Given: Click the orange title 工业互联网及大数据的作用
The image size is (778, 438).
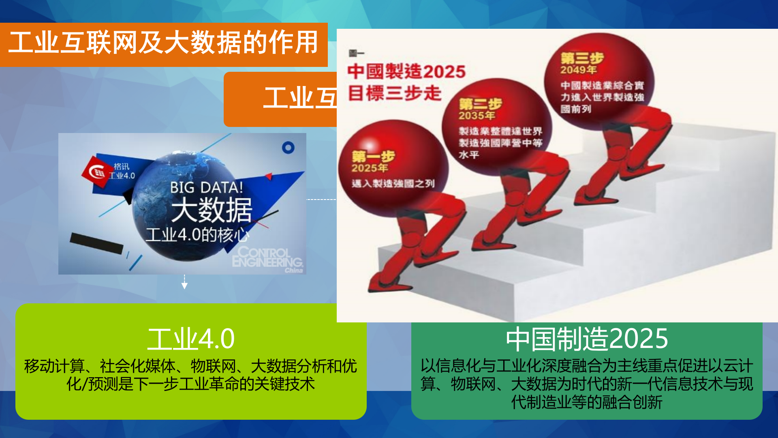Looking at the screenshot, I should coord(163,43).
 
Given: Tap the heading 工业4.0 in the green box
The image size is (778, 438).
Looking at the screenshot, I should coord(190,339).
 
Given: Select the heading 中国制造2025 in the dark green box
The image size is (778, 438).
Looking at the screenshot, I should coord(587,339).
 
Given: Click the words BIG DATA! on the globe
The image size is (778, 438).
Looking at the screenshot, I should coord(206,187).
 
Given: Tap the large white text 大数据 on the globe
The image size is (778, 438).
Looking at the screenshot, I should coord(212,210).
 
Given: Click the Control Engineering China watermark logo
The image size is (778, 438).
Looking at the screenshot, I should coord(267,258).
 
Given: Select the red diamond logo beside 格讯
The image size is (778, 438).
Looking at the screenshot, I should coord(96,172).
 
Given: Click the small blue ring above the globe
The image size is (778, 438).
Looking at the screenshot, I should coord(288,148).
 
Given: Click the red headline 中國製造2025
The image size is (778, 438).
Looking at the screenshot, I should coord(406,72).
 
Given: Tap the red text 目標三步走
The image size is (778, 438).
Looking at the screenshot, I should coord(394,93).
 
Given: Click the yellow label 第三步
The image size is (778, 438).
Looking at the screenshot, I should coord(582,58).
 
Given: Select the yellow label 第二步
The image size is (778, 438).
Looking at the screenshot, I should coord(480,104).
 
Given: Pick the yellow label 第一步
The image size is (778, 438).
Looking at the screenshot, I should coord(373,157).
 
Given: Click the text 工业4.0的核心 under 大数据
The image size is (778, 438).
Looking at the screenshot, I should coord(197,235).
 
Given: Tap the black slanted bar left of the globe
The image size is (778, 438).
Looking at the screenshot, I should coord(96,243).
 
